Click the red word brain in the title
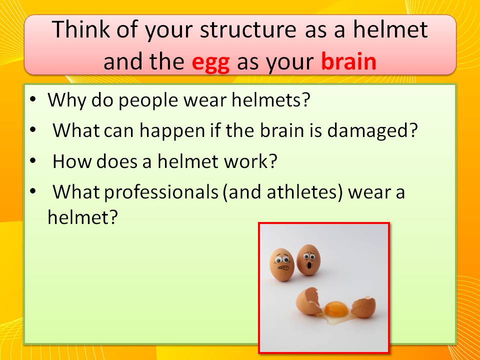click(x=348, y=61)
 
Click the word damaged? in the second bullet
click(x=372, y=131)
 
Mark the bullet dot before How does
click(x=33, y=160)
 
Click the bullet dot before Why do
click(x=33, y=99)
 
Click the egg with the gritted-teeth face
click(x=281, y=265)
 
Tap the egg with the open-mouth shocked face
click(x=308, y=259)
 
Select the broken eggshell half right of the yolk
click(x=363, y=307)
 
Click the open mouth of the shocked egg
click(x=309, y=265)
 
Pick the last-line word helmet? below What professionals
click(x=82, y=217)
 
